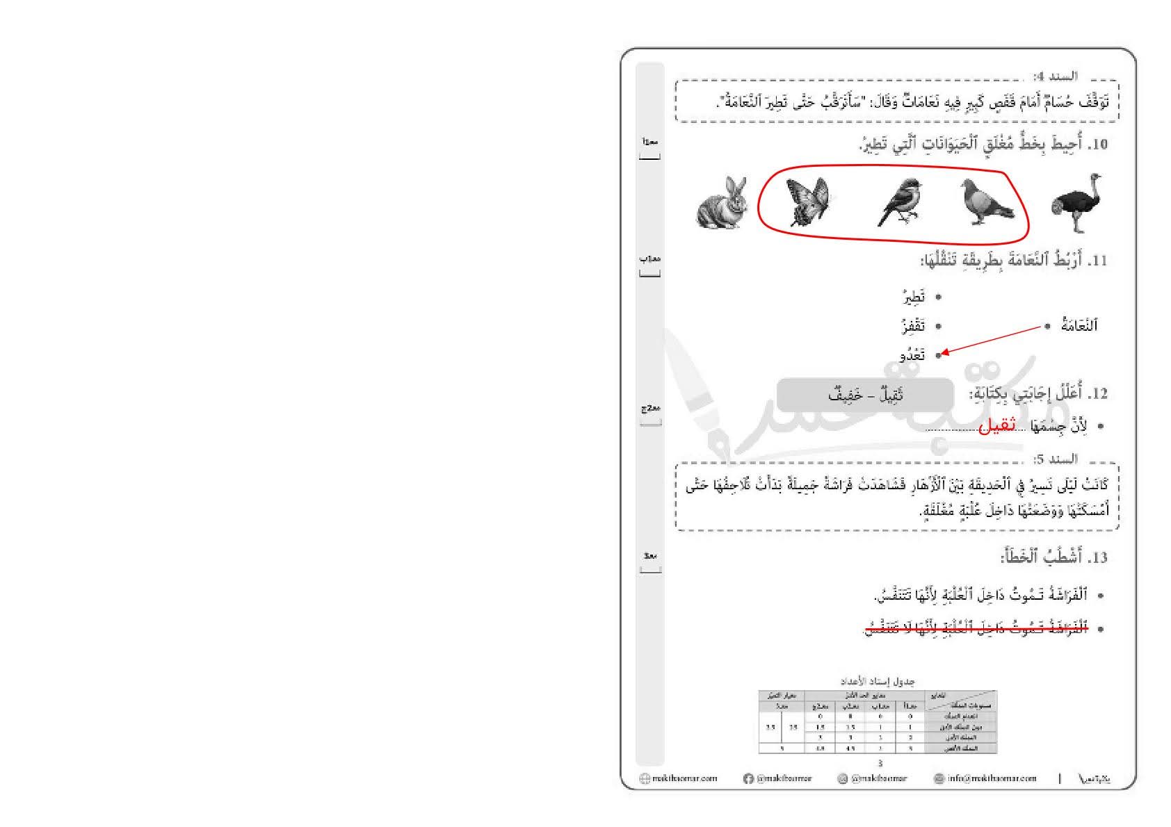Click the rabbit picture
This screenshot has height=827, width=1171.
(x=722, y=202)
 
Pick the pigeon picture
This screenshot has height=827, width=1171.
(x=987, y=202)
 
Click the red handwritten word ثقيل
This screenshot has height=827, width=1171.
(x=996, y=425)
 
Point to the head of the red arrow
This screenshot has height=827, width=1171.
(x=943, y=354)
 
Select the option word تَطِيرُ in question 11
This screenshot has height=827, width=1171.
(x=914, y=297)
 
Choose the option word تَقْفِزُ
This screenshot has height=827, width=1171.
(x=912, y=325)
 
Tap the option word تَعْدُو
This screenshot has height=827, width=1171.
(x=912, y=354)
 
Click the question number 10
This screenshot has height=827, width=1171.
(x=1099, y=145)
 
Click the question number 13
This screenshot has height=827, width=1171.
(x=1099, y=557)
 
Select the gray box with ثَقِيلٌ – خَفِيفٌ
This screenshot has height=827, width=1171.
(x=865, y=395)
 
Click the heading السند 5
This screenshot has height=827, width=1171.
(x=1056, y=459)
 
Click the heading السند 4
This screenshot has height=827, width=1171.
(x=1056, y=76)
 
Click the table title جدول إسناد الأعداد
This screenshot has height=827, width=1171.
(x=877, y=681)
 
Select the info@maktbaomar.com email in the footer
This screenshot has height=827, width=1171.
(x=991, y=778)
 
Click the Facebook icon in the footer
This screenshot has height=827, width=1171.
(x=748, y=779)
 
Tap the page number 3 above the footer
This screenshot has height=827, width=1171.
(x=880, y=763)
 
